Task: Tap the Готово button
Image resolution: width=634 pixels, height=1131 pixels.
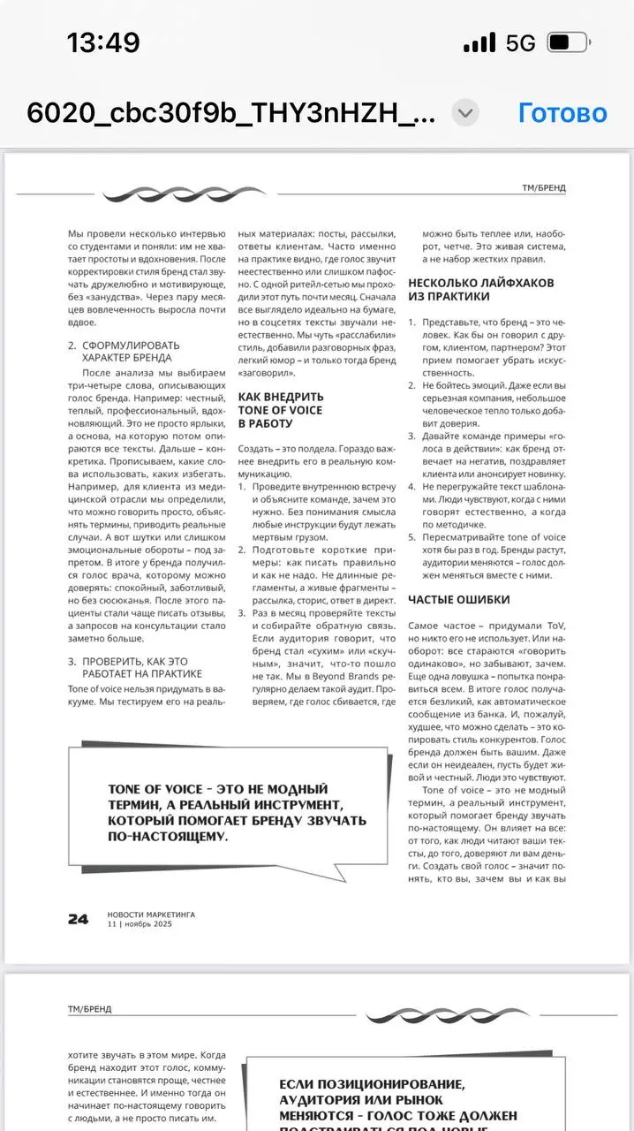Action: [562, 113]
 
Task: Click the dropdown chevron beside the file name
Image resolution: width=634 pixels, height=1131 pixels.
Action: [465, 113]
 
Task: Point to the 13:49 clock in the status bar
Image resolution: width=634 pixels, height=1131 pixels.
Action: [103, 42]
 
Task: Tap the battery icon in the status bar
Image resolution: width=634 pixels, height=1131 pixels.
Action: [568, 42]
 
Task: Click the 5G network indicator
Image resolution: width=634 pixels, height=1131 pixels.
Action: [520, 42]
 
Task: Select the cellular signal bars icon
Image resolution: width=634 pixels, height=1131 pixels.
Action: [479, 42]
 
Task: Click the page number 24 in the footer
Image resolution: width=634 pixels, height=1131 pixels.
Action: [78, 919]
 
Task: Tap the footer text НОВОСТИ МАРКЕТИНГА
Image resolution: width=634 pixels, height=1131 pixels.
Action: [151, 915]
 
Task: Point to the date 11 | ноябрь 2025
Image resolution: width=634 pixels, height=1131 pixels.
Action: [140, 924]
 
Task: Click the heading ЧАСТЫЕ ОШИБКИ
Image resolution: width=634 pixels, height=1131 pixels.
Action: [458, 600]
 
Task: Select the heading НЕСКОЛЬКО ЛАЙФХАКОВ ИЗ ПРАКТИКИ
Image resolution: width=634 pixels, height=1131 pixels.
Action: [481, 290]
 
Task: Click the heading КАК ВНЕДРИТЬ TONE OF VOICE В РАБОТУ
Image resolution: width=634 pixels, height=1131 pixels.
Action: [281, 410]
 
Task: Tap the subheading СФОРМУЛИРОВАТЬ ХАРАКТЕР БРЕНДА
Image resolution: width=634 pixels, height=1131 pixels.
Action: [131, 352]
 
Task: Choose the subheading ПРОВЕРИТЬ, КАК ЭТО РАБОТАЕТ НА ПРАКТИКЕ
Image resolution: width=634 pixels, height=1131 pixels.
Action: [141, 667]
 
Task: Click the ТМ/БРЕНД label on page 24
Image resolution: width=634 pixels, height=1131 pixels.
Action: [544, 188]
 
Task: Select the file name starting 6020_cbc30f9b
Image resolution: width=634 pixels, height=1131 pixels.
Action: [231, 113]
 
